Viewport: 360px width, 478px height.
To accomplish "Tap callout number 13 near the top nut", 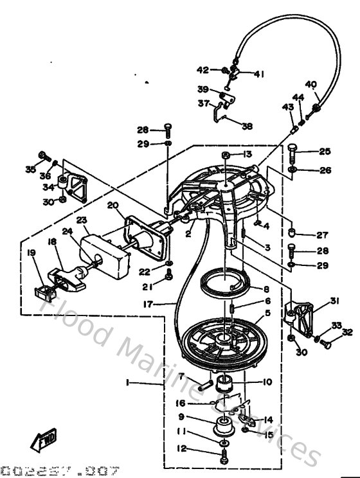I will [247, 154].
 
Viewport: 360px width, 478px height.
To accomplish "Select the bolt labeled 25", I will [292, 152].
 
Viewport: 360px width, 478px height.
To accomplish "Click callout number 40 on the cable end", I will [311, 84].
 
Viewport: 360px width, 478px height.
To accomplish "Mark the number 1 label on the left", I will [128, 382].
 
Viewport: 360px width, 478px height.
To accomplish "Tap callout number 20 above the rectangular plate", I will [113, 206].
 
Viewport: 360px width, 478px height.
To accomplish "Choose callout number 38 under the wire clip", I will [247, 127].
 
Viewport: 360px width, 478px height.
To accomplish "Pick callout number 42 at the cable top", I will [203, 69].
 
